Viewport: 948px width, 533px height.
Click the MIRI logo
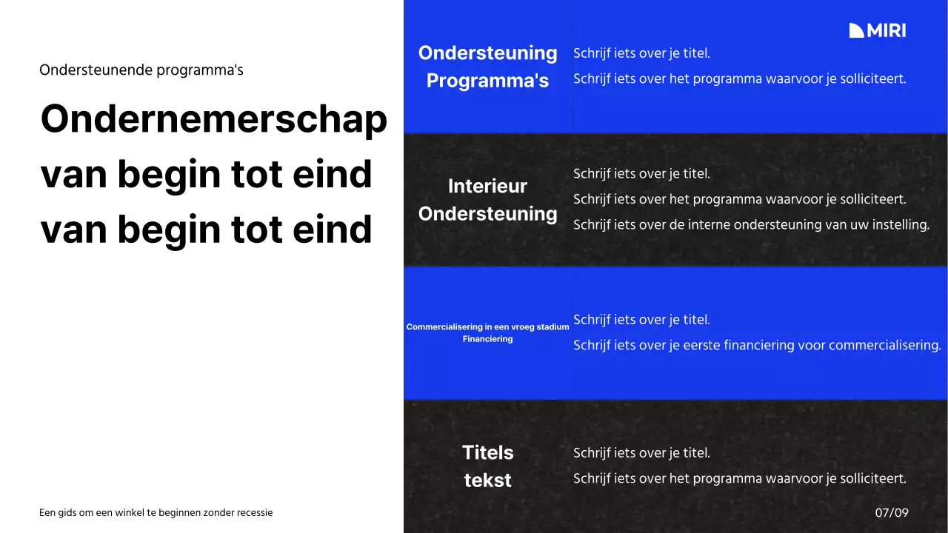click(878, 30)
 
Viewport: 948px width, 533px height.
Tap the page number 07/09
click(892, 512)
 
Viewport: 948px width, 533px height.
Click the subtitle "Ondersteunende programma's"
click(141, 70)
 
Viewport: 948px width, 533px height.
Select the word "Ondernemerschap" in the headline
click(213, 119)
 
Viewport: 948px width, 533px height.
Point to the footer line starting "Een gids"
click(156, 512)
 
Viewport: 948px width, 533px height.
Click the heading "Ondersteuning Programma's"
click(487, 67)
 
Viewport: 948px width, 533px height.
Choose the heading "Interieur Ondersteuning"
click(487, 200)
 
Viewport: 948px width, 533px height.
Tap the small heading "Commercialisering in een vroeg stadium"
click(487, 326)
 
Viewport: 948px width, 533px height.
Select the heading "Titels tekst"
click(487, 466)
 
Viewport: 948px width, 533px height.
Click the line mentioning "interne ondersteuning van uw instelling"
click(751, 224)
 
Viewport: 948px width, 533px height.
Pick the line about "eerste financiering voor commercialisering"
click(757, 345)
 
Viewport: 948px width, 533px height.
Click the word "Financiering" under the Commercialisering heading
click(487, 339)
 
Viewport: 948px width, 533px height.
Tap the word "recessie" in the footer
click(254, 512)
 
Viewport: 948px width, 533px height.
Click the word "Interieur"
click(487, 187)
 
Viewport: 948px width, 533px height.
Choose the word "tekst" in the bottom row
click(487, 480)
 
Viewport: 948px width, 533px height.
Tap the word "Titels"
click(487, 452)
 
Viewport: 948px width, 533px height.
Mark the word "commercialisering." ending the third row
click(884, 345)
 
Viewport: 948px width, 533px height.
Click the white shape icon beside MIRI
click(857, 30)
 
